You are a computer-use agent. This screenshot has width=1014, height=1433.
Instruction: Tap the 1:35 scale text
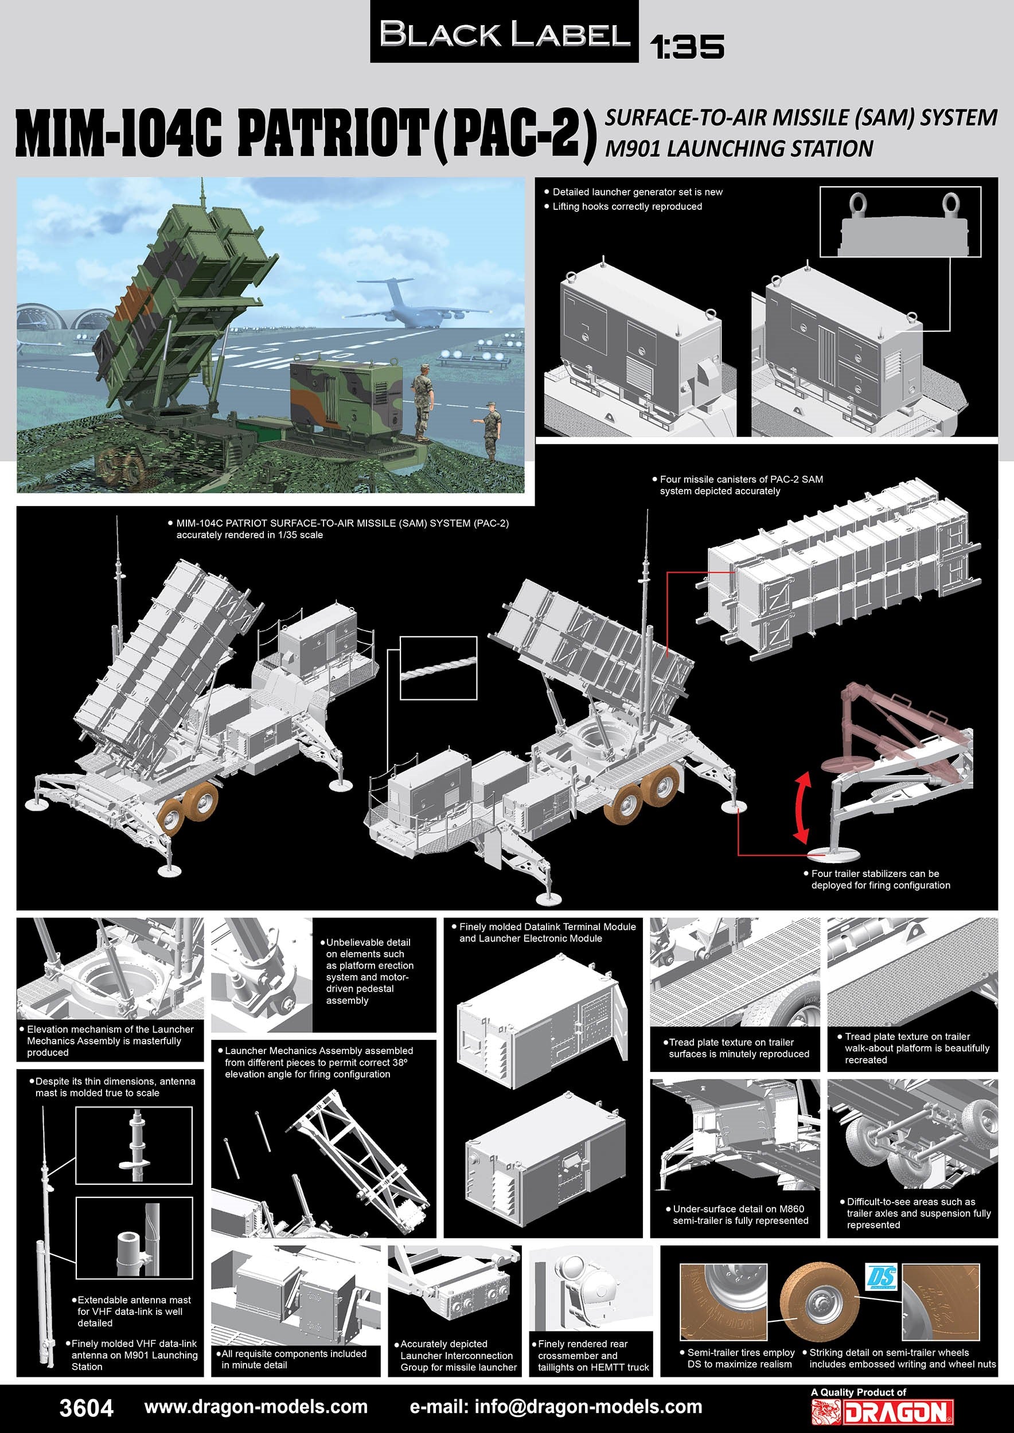[687, 47]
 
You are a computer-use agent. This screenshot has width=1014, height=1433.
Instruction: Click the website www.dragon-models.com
[256, 1407]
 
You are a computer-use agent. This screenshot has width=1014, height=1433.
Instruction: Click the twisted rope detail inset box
[438, 667]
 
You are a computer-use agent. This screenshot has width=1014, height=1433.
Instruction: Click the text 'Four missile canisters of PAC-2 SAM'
[741, 479]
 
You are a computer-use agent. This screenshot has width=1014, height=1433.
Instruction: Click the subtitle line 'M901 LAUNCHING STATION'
[739, 148]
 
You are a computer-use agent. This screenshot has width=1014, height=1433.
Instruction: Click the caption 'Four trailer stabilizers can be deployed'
[880, 879]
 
